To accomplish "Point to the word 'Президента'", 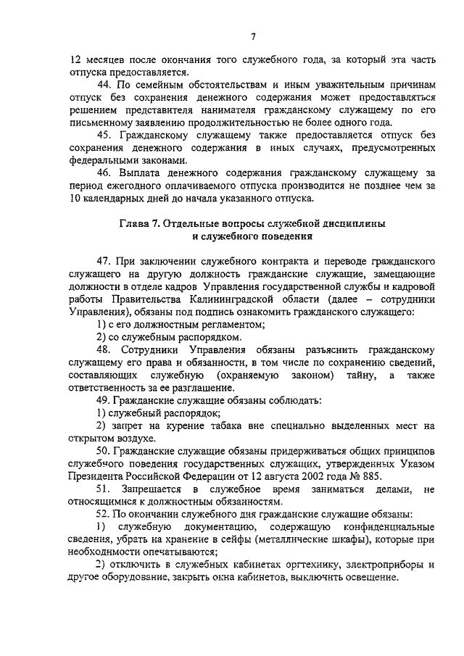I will point(99,477).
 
